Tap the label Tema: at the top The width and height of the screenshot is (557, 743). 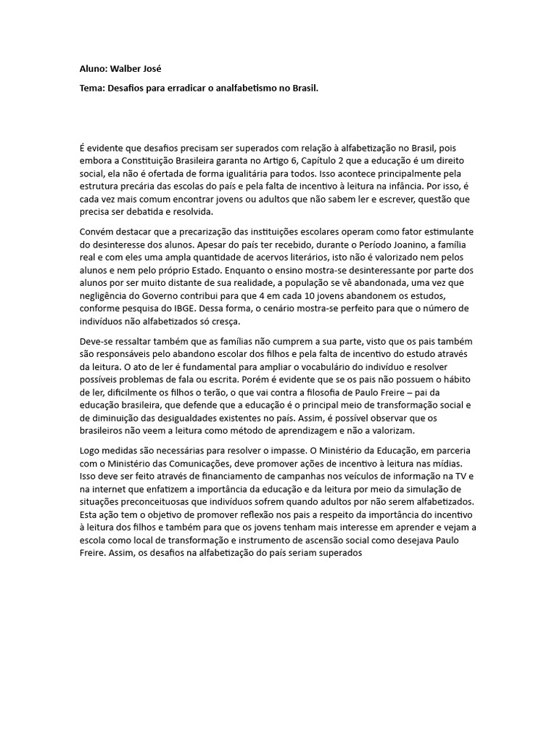[92, 88]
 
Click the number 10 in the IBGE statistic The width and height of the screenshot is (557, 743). [358, 296]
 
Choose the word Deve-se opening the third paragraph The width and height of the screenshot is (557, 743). [97, 341]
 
